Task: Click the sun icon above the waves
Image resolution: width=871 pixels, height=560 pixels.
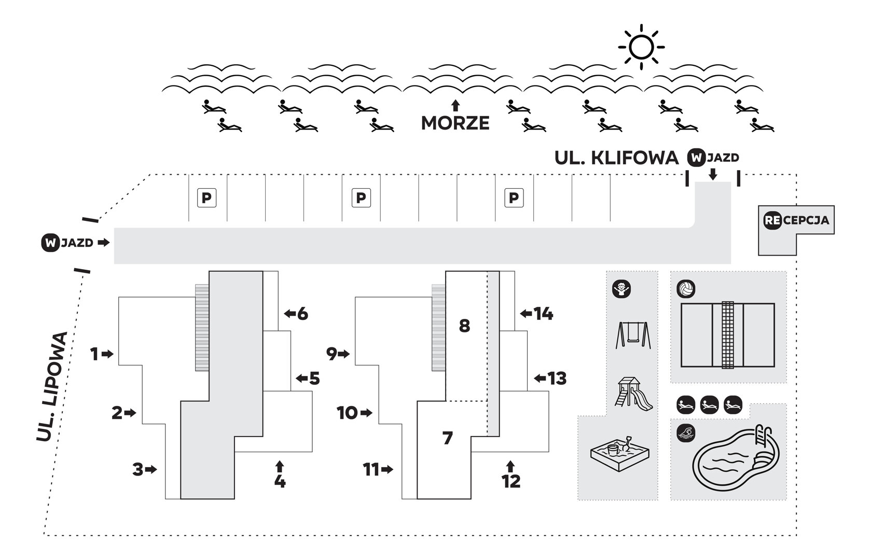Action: [x=641, y=47]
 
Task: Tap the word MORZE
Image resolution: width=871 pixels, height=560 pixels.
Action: [x=455, y=123]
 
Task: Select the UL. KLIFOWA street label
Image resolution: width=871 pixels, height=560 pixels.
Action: [x=616, y=158]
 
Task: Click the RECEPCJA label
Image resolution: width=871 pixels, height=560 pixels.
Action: [x=796, y=220]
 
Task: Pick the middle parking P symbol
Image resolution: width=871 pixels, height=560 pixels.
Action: [x=361, y=198]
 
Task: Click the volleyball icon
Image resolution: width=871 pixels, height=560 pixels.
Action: [x=686, y=289]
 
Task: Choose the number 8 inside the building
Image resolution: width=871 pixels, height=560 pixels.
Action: [x=464, y=326]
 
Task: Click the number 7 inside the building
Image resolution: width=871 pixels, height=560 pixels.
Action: [x=448, y=438]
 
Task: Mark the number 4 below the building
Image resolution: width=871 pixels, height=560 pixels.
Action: [x=280, y=482]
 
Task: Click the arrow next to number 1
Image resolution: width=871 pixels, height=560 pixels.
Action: [x=107, y=354]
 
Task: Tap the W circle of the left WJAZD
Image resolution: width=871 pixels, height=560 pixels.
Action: [x=50, y=243]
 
